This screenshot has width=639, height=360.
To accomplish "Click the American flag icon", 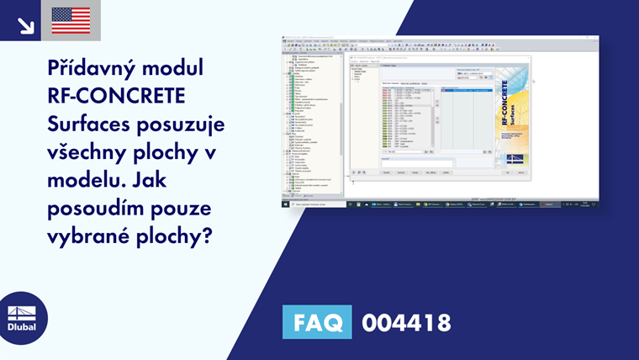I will [x=71, y=20].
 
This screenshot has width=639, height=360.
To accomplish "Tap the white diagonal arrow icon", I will [x=25, y=25].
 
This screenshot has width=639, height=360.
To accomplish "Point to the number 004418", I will [x=406, y=322].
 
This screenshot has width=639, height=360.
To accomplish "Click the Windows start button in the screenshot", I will [x=285, y=204].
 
